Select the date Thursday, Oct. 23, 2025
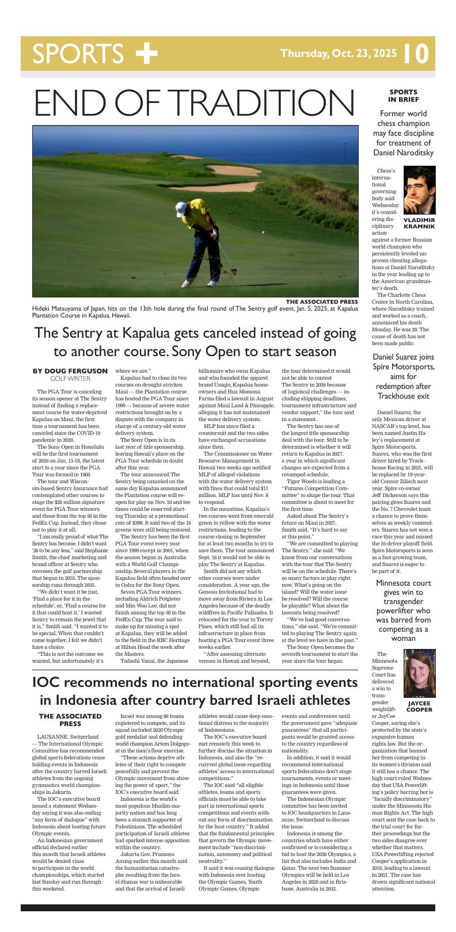point(338,54)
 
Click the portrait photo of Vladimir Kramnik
point(419,190)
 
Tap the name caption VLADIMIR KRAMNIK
point(419,223)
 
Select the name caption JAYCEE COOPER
point(419,706)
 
